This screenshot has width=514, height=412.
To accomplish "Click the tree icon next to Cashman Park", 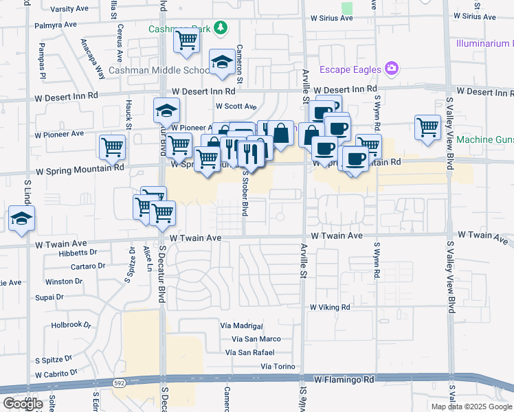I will point(221,28).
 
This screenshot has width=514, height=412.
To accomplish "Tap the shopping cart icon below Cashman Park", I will point(186,41).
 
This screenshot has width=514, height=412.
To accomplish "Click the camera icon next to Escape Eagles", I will point(392,69).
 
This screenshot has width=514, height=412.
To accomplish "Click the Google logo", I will point(23,404).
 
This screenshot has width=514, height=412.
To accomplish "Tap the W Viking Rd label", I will point(330,307).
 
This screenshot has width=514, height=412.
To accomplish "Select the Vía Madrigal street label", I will point(242,325).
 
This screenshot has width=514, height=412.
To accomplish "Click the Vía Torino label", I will point(278,367).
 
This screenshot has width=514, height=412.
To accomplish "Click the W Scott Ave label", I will point(236,106).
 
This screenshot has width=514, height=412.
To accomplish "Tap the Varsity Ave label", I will point(71,9).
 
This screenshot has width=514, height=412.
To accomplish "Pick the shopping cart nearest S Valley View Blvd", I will point(427,127).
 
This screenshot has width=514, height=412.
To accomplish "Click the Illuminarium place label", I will point(484,43).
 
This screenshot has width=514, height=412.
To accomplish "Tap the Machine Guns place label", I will point(484,140).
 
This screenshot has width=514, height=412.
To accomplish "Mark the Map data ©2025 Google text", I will point(471,406).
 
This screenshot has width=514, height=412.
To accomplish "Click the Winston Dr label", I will point(63,282).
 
